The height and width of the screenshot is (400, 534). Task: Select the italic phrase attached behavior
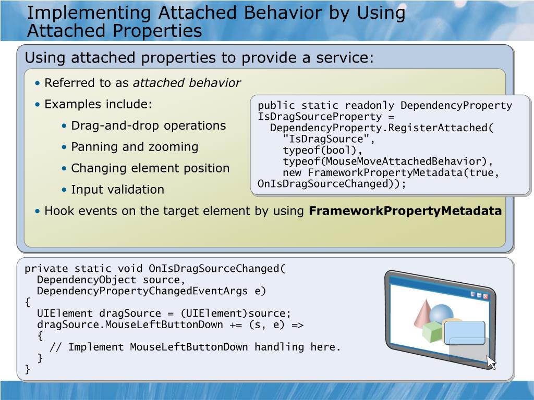pos(187,83)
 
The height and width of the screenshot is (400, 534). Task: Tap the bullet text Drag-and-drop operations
pos(148,126)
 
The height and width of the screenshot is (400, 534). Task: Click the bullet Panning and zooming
pos(135,147)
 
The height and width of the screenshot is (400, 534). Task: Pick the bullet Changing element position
pos(150,168)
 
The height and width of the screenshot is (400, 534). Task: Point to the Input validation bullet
pos(117,190)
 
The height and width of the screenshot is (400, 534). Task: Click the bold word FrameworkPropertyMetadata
pos(405,211)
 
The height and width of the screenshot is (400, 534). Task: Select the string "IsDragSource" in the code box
pos(328,139)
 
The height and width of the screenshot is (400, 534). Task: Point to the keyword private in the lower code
pos(46,269)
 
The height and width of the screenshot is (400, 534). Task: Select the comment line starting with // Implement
pos(195,347)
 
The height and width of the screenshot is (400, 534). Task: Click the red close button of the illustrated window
pos(486,296)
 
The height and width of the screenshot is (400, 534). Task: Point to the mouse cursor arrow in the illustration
pos(491,362)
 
